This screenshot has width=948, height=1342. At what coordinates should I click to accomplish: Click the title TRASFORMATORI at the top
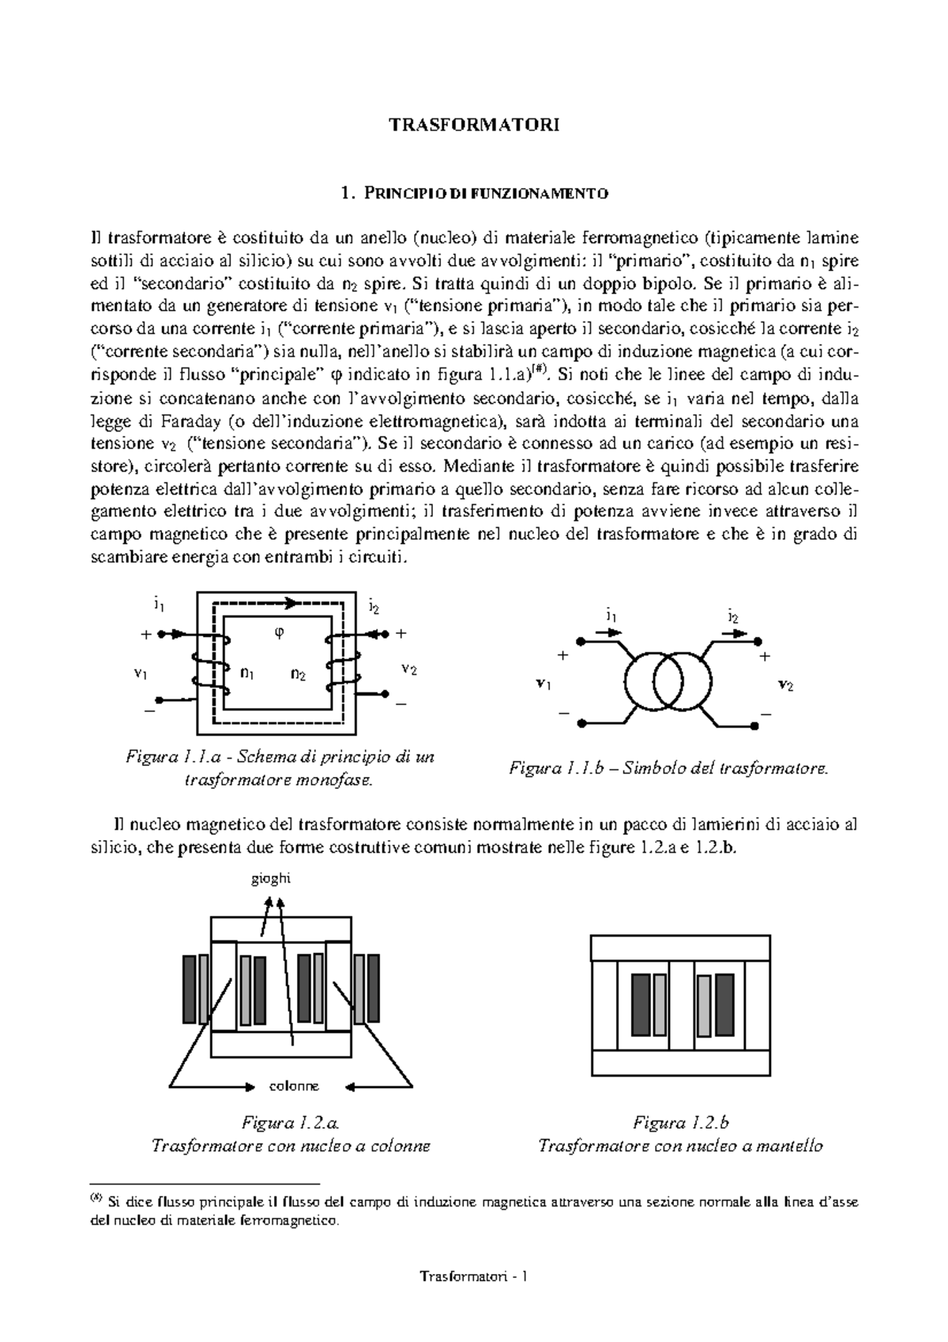[474, 125]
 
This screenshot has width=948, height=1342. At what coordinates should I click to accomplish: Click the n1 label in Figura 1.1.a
[247, 674]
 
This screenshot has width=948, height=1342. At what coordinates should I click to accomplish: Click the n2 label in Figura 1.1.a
[299, 674]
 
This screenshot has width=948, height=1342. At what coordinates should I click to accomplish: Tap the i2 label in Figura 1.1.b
[733, 616]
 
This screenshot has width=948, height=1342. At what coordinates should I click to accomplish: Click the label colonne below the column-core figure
[294, 1087]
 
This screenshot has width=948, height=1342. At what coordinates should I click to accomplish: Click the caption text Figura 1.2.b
[680, 1123]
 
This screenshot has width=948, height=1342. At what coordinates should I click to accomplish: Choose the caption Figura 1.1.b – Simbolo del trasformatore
[668, 767]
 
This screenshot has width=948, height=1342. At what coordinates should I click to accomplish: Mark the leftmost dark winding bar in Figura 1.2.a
[189, 989]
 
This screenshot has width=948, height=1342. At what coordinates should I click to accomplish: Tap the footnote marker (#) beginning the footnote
[96, 1197]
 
